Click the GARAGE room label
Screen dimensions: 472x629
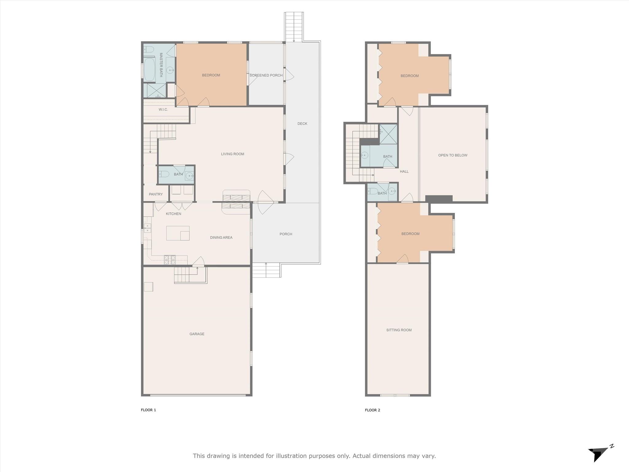coord(197,334)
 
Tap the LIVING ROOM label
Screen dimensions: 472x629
coord(232,154)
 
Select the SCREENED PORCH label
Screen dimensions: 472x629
coord(266,75)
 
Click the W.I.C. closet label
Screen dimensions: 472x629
coord(163,109)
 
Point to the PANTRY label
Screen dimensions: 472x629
coord(156,194)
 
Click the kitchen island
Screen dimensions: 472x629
coord(178,233)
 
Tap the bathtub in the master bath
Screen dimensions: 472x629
coord(149,69)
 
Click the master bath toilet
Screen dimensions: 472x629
coord(149,49)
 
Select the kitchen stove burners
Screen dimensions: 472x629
coord(170,260)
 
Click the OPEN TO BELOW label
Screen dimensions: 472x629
coord(453,155)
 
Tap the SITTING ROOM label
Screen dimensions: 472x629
coord(399,330)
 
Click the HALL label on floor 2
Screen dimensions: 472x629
coord(404,171)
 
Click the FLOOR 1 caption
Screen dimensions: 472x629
coord(148,410)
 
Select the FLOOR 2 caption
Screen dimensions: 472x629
coord(373,410)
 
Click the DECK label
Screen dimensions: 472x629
coord(302,124)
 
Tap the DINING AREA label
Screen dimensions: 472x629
coord(221,238)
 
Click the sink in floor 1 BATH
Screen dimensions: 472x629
coord(189,176)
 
